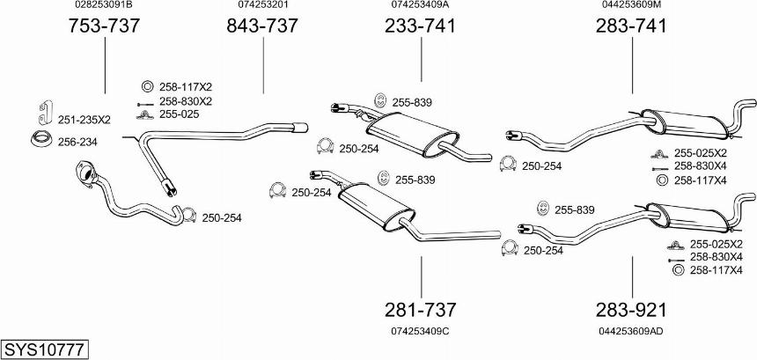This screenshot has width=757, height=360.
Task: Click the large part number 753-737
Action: tap(104, 26)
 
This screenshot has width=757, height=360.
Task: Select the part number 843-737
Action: tap(262, 26)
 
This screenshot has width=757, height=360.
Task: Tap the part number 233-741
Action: tap(420, 26)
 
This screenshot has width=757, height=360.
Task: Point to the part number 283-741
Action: tap(631, 26)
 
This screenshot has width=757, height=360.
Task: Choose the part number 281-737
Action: tap(420, 310)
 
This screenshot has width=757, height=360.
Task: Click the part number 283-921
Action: tap(631, 310)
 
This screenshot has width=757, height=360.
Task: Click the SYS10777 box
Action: tap(44, 349)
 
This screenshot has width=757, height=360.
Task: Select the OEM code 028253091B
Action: tap(104, 4)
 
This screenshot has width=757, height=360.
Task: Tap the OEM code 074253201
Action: tap(262, 4)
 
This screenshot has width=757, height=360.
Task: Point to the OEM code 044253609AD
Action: tap(631, 331)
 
